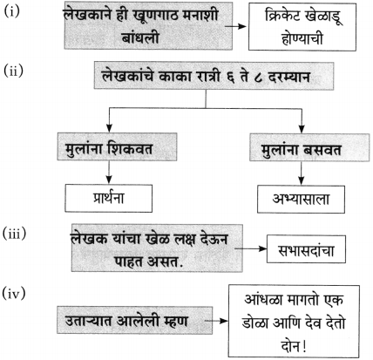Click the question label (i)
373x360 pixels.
pos(11,11)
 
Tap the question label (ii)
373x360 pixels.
pos(13,71)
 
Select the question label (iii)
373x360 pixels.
pos(15,234)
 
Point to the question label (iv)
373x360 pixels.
pos(14,294)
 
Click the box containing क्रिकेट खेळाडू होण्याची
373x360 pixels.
pos(302,27)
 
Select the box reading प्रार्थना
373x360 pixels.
pos(108,198)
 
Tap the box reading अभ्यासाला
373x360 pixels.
pos(301,200)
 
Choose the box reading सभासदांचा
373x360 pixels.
pos(306,249)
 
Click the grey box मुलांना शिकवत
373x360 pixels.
pos(117,146)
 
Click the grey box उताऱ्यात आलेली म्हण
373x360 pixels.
pos(134,320)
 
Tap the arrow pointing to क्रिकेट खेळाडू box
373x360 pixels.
pos(235,26)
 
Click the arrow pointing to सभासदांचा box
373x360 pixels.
pos(251,248)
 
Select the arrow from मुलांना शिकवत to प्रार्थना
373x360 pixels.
pos(109,173)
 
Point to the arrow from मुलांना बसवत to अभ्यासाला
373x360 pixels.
pos(302,173)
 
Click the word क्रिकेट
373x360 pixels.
pos(282,15)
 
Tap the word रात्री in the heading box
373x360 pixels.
pos(204,76)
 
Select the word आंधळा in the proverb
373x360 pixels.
pos(263,299)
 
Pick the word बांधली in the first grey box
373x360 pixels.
pos(140,37)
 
